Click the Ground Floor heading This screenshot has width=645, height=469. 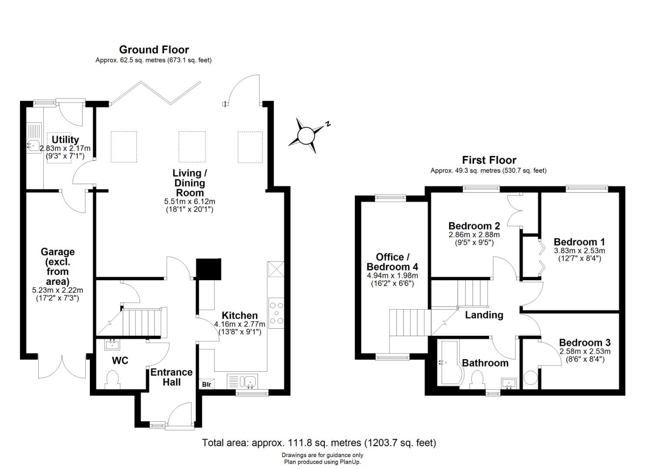pyautogui.click(x=154, y=50)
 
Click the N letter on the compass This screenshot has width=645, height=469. pyautogui.click(x=327, y=123)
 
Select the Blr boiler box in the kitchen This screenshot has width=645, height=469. pyautogui.click(x=206, y=384)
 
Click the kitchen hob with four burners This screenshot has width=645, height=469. pyautogui.click(x=276, y=313)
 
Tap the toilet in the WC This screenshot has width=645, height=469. pyautogui.click(x=112, y=380)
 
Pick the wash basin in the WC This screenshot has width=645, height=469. pyautogui.click(x=112, y=345)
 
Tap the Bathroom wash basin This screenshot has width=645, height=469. pyautogui.click(x=509, y=383)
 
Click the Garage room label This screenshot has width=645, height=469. pyautogui.click(x=58, y=267)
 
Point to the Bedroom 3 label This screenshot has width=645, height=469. pyautogui.click(x=585, y=343)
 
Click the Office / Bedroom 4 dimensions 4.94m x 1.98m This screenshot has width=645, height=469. pyautogui.click(x=392, y=275)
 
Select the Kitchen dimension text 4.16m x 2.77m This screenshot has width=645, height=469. pyautogui.click(x=240, y=324)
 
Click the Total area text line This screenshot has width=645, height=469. pyautogui.click(x=319, y=443)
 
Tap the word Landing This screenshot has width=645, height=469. pyautogui.click(x=484, y=315)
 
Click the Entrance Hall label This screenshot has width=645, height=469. pyautogui.click(x=172, y=377)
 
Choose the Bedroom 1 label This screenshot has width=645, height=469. pyautogui.click(x=579, y=242)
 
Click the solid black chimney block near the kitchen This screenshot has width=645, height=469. pyautogui.click(x=208, y=269)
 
